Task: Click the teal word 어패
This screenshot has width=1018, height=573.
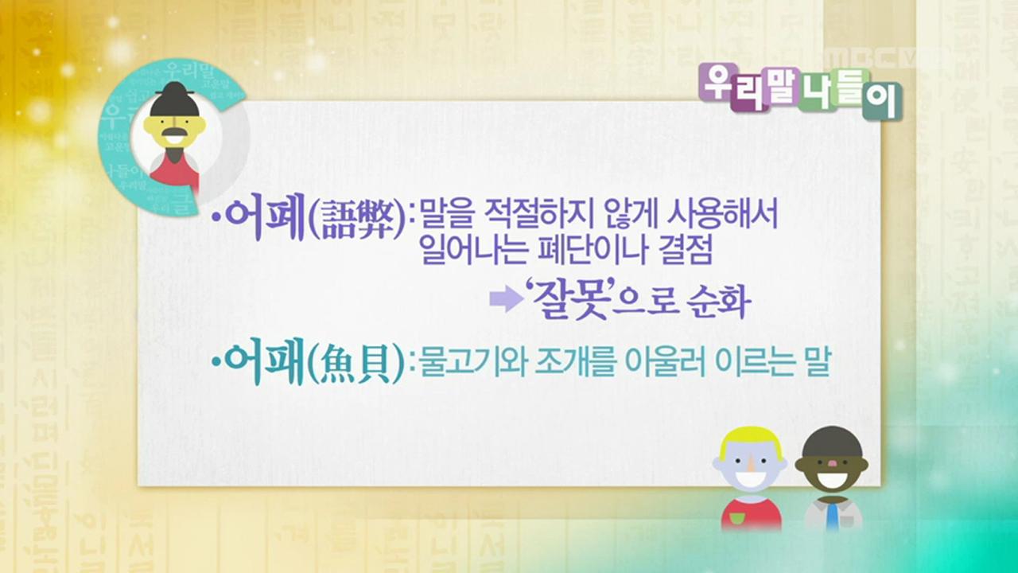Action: [265, 364]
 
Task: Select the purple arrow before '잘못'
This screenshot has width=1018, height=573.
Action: [502, 299]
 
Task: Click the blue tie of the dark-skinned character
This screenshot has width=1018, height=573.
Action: [832, 516]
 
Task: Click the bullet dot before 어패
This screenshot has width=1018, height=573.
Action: [216, 364]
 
